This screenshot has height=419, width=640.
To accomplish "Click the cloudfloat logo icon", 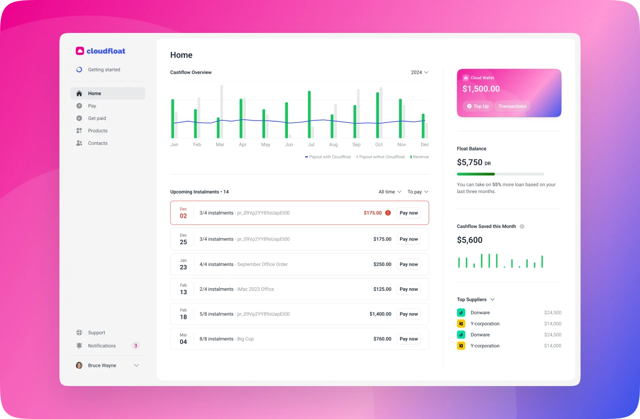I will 80,51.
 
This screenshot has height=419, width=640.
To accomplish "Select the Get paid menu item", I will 97,118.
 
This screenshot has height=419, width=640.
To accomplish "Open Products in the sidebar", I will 97,131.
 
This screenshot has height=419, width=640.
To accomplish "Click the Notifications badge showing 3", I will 135,346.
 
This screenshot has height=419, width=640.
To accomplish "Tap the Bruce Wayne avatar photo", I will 79,365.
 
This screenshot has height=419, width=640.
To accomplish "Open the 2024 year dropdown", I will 419,72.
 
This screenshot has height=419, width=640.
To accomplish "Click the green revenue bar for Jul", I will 309,114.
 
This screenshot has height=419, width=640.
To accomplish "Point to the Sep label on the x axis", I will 356,145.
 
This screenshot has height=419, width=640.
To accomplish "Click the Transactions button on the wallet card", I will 512,106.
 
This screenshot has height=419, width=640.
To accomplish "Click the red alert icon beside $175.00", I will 388,213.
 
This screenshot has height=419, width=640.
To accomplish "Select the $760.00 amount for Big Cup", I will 382,339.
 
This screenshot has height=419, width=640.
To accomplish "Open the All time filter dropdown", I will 389,192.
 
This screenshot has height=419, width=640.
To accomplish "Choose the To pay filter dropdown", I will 418,192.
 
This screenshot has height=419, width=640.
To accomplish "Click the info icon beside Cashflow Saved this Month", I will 522,226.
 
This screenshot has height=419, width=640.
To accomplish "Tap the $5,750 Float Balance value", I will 469,162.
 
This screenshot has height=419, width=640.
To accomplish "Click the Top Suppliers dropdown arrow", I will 492,300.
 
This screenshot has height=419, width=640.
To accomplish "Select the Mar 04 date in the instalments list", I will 183,339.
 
